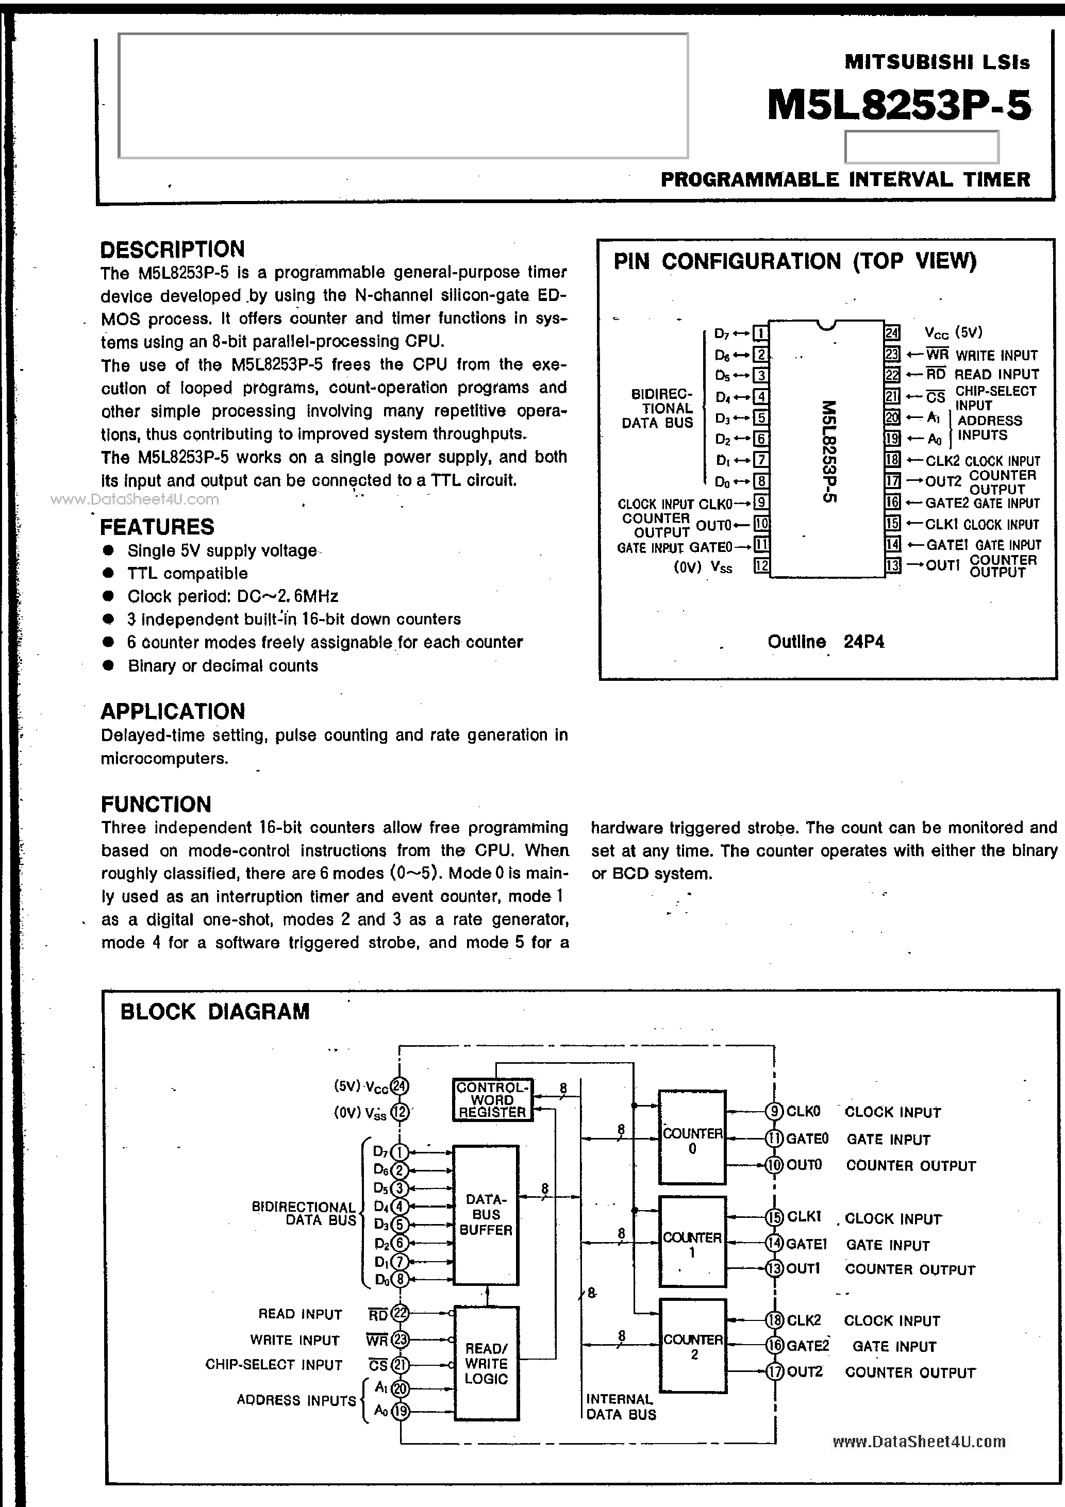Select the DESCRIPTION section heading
click(x=172, y=249)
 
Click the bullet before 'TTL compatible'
click(x=109, y=573)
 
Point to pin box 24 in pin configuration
click(x=892, y=333)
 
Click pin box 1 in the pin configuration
click(x=760, y=333)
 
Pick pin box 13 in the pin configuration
click(x=892, y=566)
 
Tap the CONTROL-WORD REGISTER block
click(x=492, y=1099)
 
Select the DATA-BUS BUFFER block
click(x=486, y=1215)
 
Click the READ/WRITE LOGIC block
click(x=486, y=1363)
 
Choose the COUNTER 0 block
click(x=692, y=1137)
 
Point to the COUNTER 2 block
click(x=693, y=1346)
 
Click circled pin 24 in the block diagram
click(x=399, y=1086)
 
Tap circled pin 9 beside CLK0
click(x=775, y=1111)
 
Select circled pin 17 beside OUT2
click(x=775, y=1371)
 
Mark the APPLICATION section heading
click(x=173, y=711)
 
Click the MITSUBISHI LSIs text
click(x=937, y=62)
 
